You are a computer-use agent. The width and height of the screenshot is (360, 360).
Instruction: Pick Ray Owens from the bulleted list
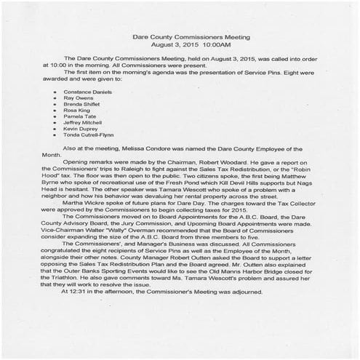click(77, 100)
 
